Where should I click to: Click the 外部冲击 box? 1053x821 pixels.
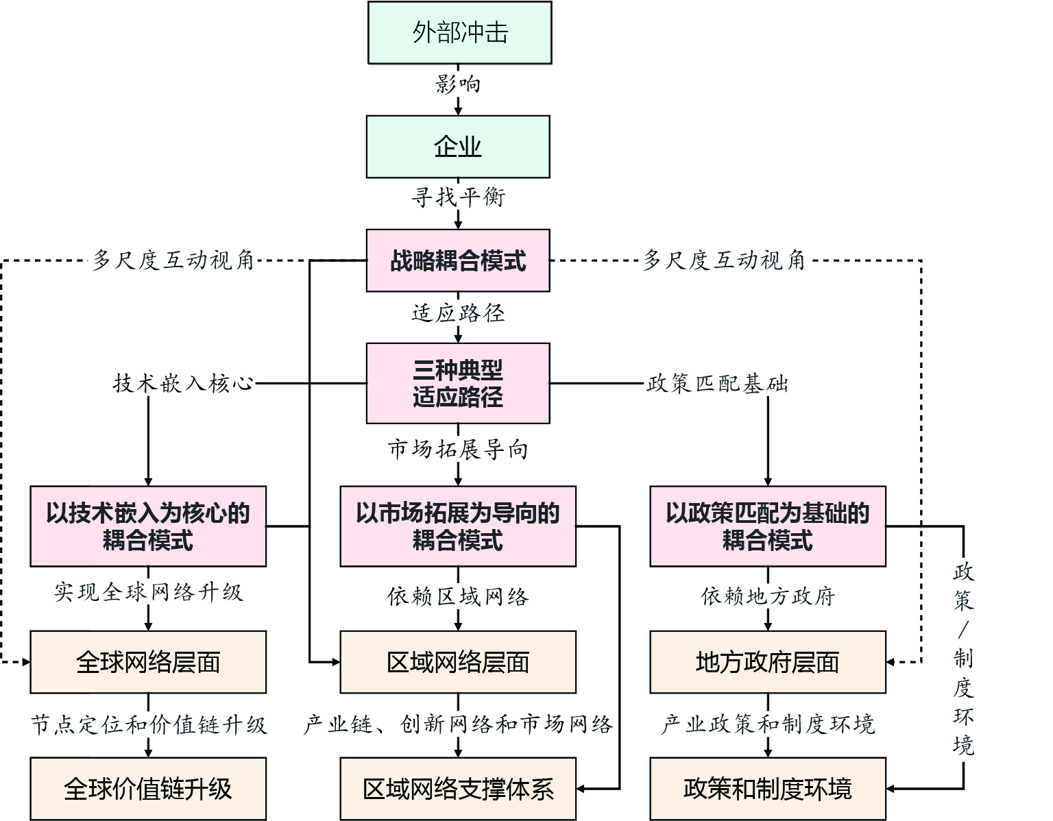coord(459,33)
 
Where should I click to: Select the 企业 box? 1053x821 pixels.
coord(458,147)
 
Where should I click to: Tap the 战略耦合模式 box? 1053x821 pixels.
coord(458,260)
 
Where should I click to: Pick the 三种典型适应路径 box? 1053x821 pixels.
coord(458,383)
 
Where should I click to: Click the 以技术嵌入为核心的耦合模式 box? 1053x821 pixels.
coord(148,526)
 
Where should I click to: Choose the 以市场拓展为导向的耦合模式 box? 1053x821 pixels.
coord(458,526)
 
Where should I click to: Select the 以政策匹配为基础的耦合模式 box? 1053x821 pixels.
coord(768,526)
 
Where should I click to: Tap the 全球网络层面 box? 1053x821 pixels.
coord(148,662)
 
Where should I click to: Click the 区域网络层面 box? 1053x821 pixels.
coord(458,662)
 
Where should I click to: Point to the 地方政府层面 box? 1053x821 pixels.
coord(768,662)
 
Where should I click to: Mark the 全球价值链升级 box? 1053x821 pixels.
coord(148,789)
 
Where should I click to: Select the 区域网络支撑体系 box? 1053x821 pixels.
coord(458,789)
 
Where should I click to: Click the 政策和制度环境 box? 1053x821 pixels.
coord(768,789)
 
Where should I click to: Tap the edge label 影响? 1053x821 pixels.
coord(458,84)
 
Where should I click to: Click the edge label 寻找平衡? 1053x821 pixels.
coord(458,197)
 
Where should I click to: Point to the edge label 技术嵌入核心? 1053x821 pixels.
coord(183,383)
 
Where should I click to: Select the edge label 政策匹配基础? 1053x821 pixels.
coord(717,383)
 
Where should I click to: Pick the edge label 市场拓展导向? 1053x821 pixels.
coord(458,450)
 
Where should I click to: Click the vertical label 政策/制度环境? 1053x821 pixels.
coord(963,658)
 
